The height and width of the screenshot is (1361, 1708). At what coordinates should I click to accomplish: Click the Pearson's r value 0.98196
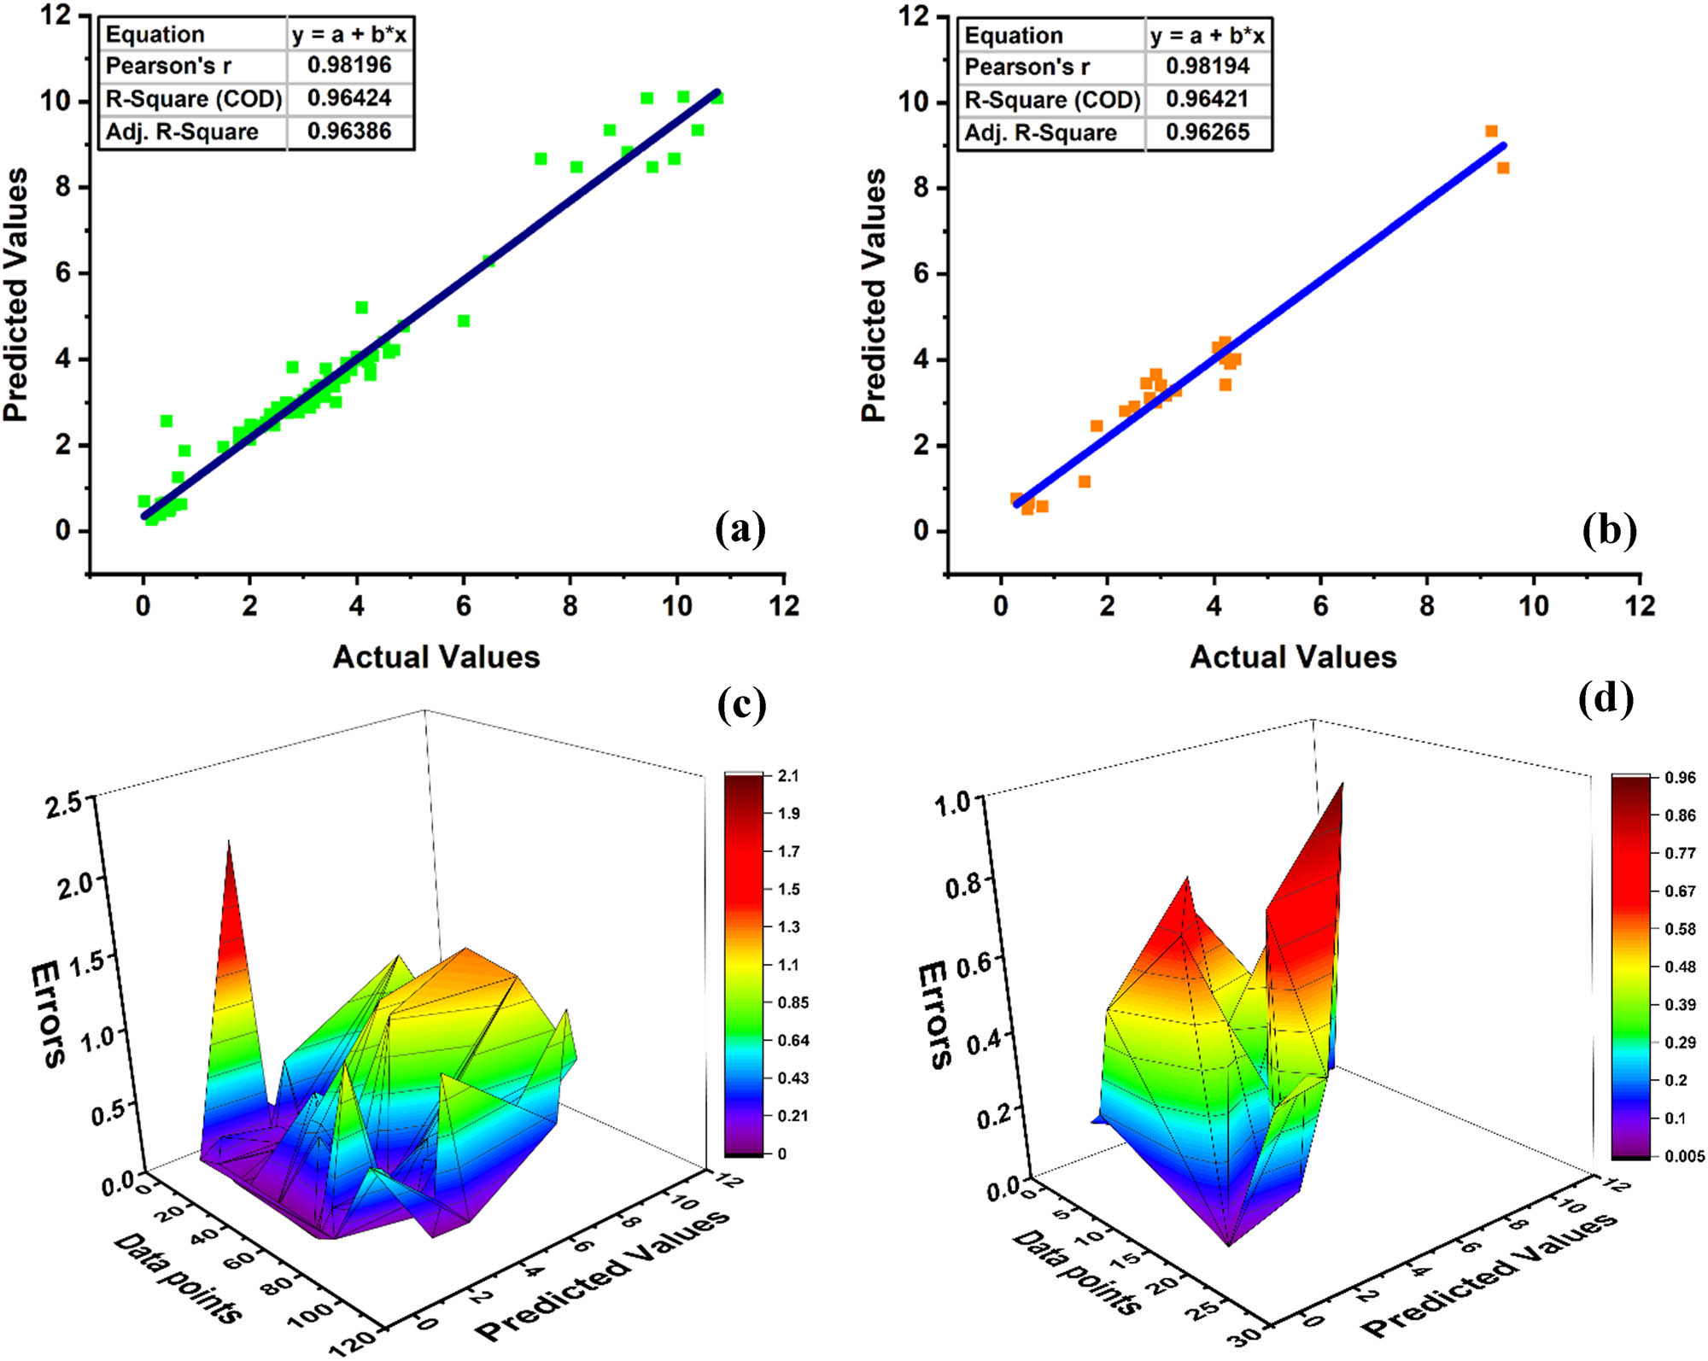coord(349,66)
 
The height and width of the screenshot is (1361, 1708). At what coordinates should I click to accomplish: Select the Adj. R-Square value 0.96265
coord(1207,132)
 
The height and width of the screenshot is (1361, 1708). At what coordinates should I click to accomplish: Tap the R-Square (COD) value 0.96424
coord(349,98)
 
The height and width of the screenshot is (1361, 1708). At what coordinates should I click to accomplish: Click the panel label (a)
coord(740,530)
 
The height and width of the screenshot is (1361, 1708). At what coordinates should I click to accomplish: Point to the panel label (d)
coord(1606,698)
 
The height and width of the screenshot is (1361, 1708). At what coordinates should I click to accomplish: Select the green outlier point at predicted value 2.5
coord(167,421)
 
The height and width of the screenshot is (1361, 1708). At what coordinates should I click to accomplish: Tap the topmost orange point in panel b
coord(1491,131)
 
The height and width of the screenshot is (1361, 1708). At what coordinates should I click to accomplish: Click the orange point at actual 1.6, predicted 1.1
coord(1085,482)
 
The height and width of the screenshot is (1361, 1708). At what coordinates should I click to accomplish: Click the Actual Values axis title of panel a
coord(436,657)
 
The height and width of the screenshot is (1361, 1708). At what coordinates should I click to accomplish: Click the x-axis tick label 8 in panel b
coord(1427,606)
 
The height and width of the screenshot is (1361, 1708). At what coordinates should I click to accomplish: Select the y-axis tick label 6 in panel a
coord(63,273)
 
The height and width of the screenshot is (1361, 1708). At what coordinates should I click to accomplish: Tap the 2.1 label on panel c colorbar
coord(788,776)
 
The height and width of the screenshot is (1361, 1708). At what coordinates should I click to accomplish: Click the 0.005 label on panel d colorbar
coord(1684,1156)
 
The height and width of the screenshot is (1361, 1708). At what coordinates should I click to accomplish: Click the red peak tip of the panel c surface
coord(228,844)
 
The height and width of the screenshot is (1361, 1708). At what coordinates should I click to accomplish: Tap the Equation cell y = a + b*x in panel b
coord(1207,36)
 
